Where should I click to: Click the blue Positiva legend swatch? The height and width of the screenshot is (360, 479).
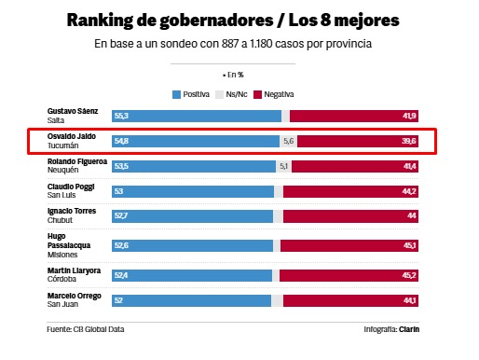pos(176,94)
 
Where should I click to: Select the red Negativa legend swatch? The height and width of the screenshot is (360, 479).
pos(257,94)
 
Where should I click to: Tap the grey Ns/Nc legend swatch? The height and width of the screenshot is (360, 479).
pos(219,94)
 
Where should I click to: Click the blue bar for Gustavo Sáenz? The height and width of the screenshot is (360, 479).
pos(197,116)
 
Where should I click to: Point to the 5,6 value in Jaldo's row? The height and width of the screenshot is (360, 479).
pos(288,141)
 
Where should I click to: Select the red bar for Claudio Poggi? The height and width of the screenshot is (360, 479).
pos(350,191)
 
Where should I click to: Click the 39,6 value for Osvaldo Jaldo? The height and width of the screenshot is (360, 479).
pos(409,141)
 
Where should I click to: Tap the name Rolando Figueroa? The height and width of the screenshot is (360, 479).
pos(77,161)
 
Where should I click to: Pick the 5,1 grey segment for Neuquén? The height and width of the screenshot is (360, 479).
pos(283,166)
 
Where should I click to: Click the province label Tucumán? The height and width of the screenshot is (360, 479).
pos(62,145)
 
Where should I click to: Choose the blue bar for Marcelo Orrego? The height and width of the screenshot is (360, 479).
pos(191,300)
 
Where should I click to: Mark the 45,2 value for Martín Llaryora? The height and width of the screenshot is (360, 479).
pos(409,275)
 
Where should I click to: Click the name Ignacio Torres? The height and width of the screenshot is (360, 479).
pos(72,211)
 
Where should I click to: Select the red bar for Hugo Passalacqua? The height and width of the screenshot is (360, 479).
pos(349,245)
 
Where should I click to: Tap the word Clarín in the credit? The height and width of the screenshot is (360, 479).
pos(409,329)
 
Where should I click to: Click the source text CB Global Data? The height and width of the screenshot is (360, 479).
pos(99,329)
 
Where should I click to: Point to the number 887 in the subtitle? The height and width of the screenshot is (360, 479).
pos(230,44)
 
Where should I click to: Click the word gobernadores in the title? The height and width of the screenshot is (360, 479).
pos(217,21)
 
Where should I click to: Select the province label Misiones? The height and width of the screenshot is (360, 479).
pos(62,255)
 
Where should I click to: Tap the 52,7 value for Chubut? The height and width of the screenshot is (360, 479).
pos(121,215)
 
